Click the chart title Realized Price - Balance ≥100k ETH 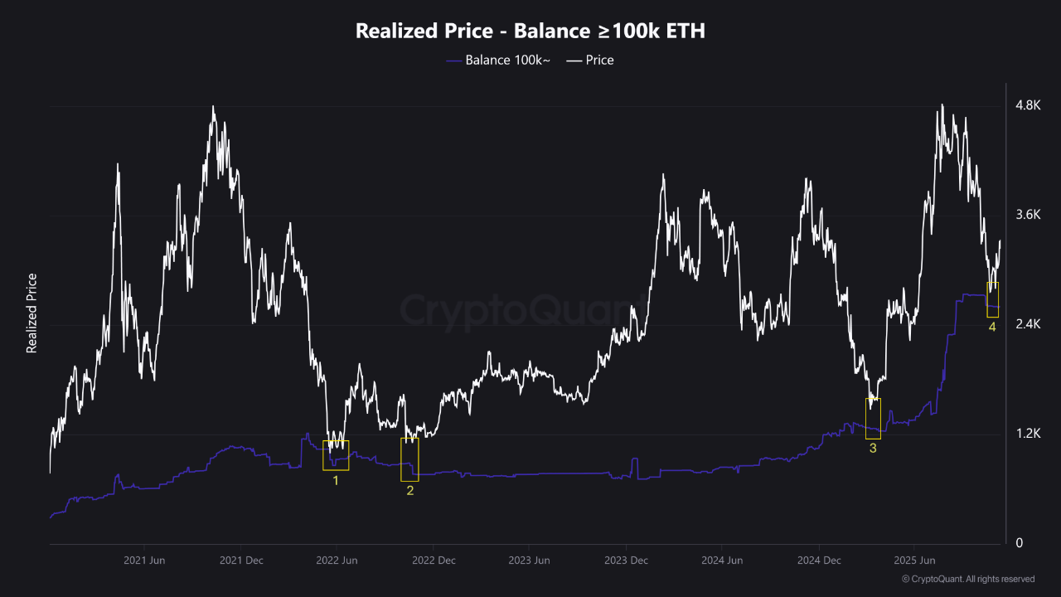coord(530,31)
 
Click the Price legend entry coord(590,60)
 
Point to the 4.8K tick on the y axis coord(1029,105)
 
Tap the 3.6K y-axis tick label coord(1029,215)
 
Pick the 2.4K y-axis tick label coord(1029,324)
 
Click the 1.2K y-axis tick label coord(1029,434)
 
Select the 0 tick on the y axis coord(1019,543)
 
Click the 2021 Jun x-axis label coord(145,561)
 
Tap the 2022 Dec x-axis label coord(434,561)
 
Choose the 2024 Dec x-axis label coord(820,561)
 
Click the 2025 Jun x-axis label coord(916,561)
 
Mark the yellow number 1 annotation coord(336,480)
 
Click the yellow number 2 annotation coord(409,491)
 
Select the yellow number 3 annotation coord(872,449)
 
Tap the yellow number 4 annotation coord(992,328)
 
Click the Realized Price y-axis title coord(31,313)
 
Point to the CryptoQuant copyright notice coord(967,579)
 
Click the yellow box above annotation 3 coord(873,419)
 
